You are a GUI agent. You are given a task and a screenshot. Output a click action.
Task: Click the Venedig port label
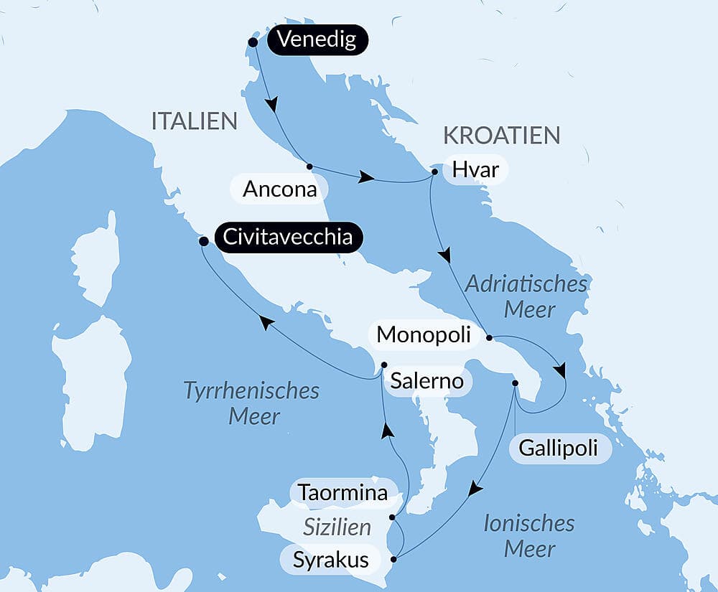click(317, 39)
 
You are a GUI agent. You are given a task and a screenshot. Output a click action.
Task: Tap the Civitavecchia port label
click(287, 238)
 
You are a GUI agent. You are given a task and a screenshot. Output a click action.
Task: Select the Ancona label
click(279, 190)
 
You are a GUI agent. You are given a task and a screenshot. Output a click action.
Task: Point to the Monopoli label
click(424, 334)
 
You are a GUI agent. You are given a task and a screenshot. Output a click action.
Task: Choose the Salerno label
click(426, 381)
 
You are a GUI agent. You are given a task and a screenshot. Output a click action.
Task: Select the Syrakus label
click(331, 560)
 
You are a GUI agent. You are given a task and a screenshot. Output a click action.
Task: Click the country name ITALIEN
click(194, 121)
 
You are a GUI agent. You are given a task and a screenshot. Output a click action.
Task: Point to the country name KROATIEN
click(501, 135)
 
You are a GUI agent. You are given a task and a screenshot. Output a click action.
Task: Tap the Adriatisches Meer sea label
click(526, 296)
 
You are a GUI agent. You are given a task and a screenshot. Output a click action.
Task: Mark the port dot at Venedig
click(253, 42)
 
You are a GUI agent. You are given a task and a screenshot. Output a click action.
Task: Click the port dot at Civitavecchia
click(203, 242)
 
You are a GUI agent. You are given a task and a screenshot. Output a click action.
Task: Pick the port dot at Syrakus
click(393, 560)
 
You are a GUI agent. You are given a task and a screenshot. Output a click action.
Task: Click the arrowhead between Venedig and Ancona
click(271, 105)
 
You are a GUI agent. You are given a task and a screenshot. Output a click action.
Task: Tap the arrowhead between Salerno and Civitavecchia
click(266, 324)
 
